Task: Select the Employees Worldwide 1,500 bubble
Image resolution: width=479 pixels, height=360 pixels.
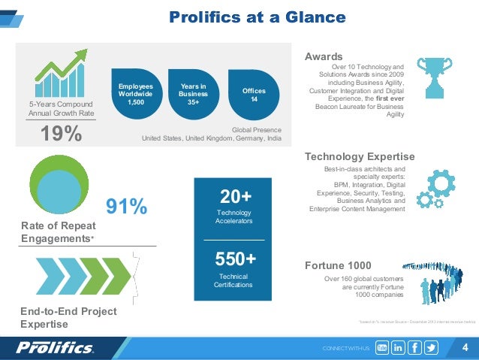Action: tap(136, 95)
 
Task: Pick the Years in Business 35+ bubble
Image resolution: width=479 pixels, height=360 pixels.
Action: tap(193, 95)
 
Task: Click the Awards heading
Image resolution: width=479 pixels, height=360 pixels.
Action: tap(324, 56)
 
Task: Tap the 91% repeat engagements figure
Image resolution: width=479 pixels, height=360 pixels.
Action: tap(126, 206)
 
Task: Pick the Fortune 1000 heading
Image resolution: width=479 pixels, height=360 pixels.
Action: tap(338, 265)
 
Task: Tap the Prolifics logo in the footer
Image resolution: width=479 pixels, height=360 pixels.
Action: tap(55, 348)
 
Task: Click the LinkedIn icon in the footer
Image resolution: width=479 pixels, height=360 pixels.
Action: tap(398, 348)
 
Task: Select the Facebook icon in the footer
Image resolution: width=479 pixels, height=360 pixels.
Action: tap(414, 348)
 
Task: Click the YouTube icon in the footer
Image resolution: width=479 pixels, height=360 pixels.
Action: tap(381, 348)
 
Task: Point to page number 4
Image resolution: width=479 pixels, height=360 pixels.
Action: tap(465, 347)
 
